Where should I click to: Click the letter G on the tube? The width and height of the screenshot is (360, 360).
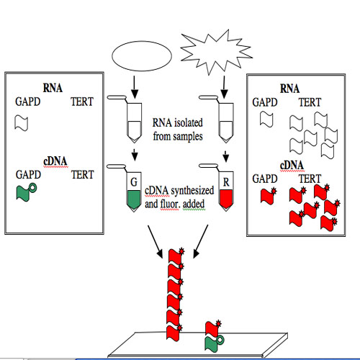[134, 182]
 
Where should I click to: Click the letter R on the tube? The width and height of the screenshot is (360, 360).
[226, 182]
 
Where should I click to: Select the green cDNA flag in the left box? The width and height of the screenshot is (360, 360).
[27, 192]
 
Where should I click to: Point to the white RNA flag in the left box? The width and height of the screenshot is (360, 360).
[22, 123]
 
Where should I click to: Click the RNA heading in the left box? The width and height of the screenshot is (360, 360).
[53, 88]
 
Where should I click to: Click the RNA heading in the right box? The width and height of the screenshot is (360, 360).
[290, 89]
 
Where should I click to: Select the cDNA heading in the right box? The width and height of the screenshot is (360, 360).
[292, 166]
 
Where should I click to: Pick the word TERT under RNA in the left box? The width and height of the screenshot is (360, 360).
[82, 102]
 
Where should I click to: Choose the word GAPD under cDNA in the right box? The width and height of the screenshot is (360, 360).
[265, 179]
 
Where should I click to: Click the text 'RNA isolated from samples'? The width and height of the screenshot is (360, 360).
[178, 130]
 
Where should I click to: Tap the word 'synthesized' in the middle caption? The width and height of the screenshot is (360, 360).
[192, 191]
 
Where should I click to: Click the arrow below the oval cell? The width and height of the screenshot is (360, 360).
[135, 87]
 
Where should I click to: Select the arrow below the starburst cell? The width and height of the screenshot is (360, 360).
[224, 87]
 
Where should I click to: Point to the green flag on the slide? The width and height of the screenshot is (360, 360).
[214, 344]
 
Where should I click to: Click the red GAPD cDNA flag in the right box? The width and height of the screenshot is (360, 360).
[269, 196]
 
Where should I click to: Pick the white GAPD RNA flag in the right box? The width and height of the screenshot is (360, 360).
[266, 120]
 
